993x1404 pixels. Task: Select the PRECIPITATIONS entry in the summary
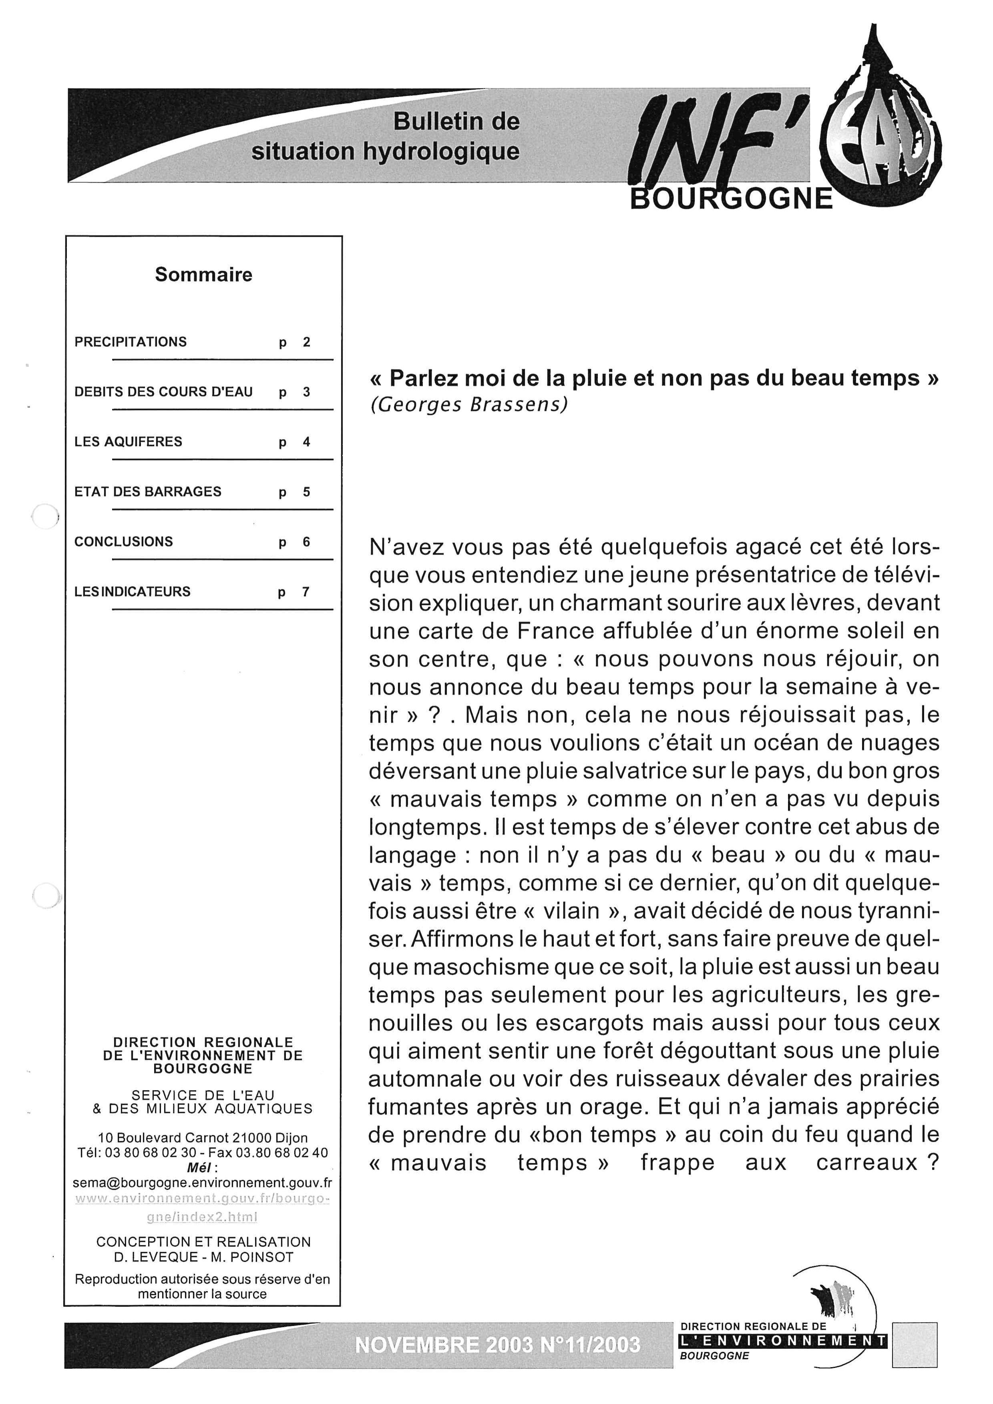pos(130,342)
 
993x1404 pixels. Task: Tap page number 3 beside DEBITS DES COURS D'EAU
pos(306,392)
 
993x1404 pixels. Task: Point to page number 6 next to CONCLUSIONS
pos(306,542)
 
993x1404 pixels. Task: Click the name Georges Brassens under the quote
pos(469,405)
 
